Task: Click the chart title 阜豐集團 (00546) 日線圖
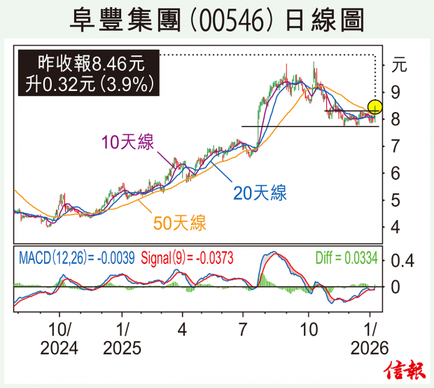(x=216, y=20)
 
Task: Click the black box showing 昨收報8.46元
(x=89, y=74)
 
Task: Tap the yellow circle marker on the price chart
(x=375, y=107)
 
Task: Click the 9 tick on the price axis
(x=396, y=92)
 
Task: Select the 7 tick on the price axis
(x=396, y=146)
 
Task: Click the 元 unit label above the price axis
(x=398, y=67)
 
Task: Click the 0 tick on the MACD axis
(x=396, y=287)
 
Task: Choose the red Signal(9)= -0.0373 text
(x=188, y=258)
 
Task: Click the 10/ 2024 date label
(x=59, y=338)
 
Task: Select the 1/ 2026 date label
(x=369, y=338)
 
